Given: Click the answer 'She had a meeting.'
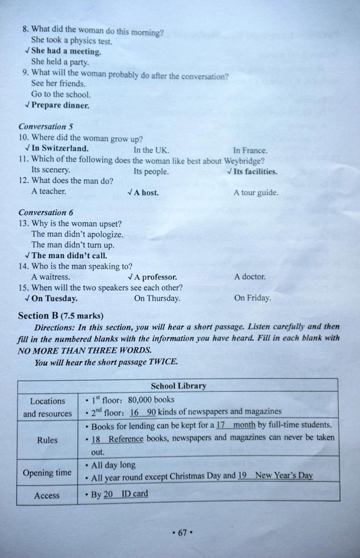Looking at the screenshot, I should [x=66, y=51].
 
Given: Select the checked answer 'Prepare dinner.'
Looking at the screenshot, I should [x=60, y=105].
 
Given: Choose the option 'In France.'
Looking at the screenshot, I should [x=250, y=150].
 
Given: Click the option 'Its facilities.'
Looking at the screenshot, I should [x=255, y=172].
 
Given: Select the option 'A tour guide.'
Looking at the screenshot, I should [x=256, y=192].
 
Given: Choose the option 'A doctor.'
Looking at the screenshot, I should [x=250, y=277].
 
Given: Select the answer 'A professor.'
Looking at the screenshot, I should [x=155, y=277].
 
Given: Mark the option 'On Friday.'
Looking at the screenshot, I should [x=252, y=298].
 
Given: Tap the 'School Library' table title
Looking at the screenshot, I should [x=178, y=386].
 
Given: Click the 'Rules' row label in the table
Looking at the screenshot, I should [x=47, y=440].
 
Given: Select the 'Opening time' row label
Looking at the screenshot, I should [x=47, y=472].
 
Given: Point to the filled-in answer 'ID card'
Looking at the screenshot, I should [x=134, y=494].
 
